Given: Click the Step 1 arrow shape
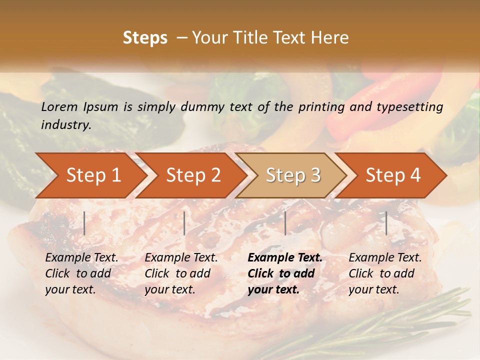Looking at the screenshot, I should (x=93, y=175).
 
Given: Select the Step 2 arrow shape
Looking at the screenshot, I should (x=193, y=175).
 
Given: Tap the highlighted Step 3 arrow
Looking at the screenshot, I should (x=293, y=175).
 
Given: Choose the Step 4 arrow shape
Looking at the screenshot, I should (x=393, y=175).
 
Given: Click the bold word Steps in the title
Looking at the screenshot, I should (x=145, y=37).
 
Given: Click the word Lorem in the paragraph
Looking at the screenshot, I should (x=59, y=106).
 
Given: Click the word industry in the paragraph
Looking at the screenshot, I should (x=65, y=125).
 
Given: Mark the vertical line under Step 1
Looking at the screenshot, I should (x=84, y=223).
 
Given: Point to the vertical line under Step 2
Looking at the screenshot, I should (x=184, y=223).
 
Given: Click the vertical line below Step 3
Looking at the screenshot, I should (x=285, y=223).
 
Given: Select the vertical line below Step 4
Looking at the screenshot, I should (x=386, y=223).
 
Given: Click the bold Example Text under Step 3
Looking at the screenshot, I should (x=285, y=258).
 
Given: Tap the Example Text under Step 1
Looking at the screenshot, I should (x=81, y=258).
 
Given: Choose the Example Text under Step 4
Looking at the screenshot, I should (x=385, y=258).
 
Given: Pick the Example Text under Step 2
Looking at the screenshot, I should (x=181, y=258).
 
